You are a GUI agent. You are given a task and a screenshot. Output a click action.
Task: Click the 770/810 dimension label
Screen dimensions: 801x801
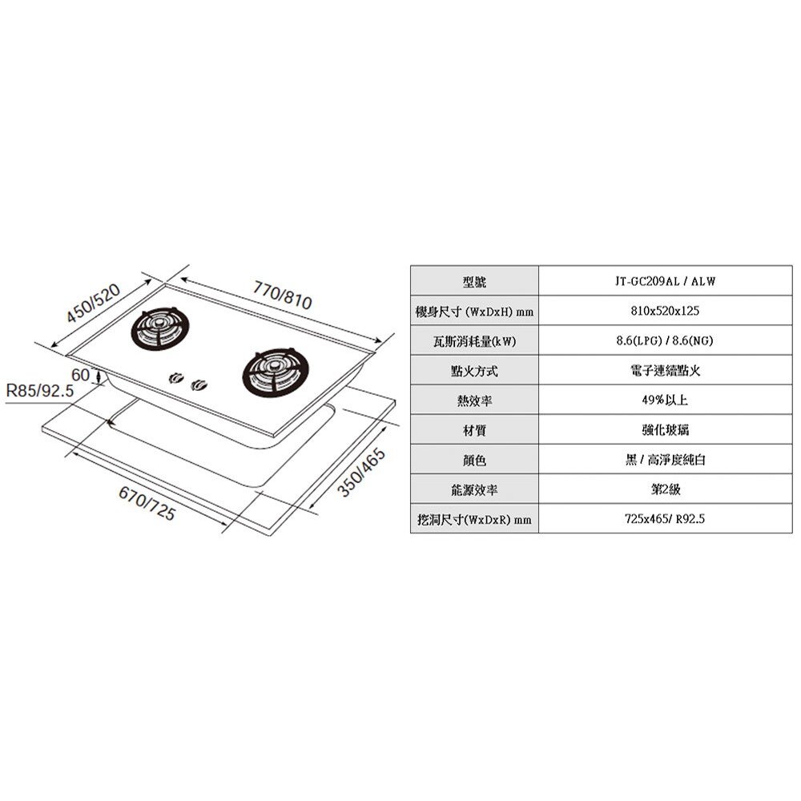[x=281, y=294]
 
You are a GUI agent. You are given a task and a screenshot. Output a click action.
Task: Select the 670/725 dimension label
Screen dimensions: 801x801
[x=147, y=502]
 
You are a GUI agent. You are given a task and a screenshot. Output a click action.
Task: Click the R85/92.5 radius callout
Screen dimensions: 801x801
[x=39, y=392]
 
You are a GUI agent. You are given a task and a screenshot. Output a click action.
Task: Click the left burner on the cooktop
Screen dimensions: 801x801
[x=160, y=328]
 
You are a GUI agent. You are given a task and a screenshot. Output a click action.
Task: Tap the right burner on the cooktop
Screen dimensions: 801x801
[x=272, y=372]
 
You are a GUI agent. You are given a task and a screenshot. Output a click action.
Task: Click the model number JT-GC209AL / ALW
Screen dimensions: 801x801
[x=664, y=281]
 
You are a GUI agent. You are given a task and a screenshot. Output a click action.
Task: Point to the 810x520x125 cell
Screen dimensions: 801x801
[x=664, y=310]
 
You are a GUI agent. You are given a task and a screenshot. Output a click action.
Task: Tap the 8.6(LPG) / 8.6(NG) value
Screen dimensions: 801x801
[x=664, y=340]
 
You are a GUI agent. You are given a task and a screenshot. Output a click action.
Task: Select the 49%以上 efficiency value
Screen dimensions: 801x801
[x=664, y=400]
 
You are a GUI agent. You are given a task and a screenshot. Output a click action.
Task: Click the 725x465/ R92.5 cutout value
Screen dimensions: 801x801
[x=664, y=519]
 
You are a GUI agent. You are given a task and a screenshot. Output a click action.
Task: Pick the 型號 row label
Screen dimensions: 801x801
[x=474, y=281]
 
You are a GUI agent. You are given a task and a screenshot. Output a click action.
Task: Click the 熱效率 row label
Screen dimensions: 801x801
[x=474, y=400]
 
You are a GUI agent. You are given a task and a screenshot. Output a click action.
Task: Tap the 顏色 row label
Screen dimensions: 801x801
[x=474, y=460]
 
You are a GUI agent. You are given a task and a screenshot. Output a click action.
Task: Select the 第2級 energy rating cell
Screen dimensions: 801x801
[x=664, y=489]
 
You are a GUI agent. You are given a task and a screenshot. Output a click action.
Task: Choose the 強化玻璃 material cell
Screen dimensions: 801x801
[x=664, y=430]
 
